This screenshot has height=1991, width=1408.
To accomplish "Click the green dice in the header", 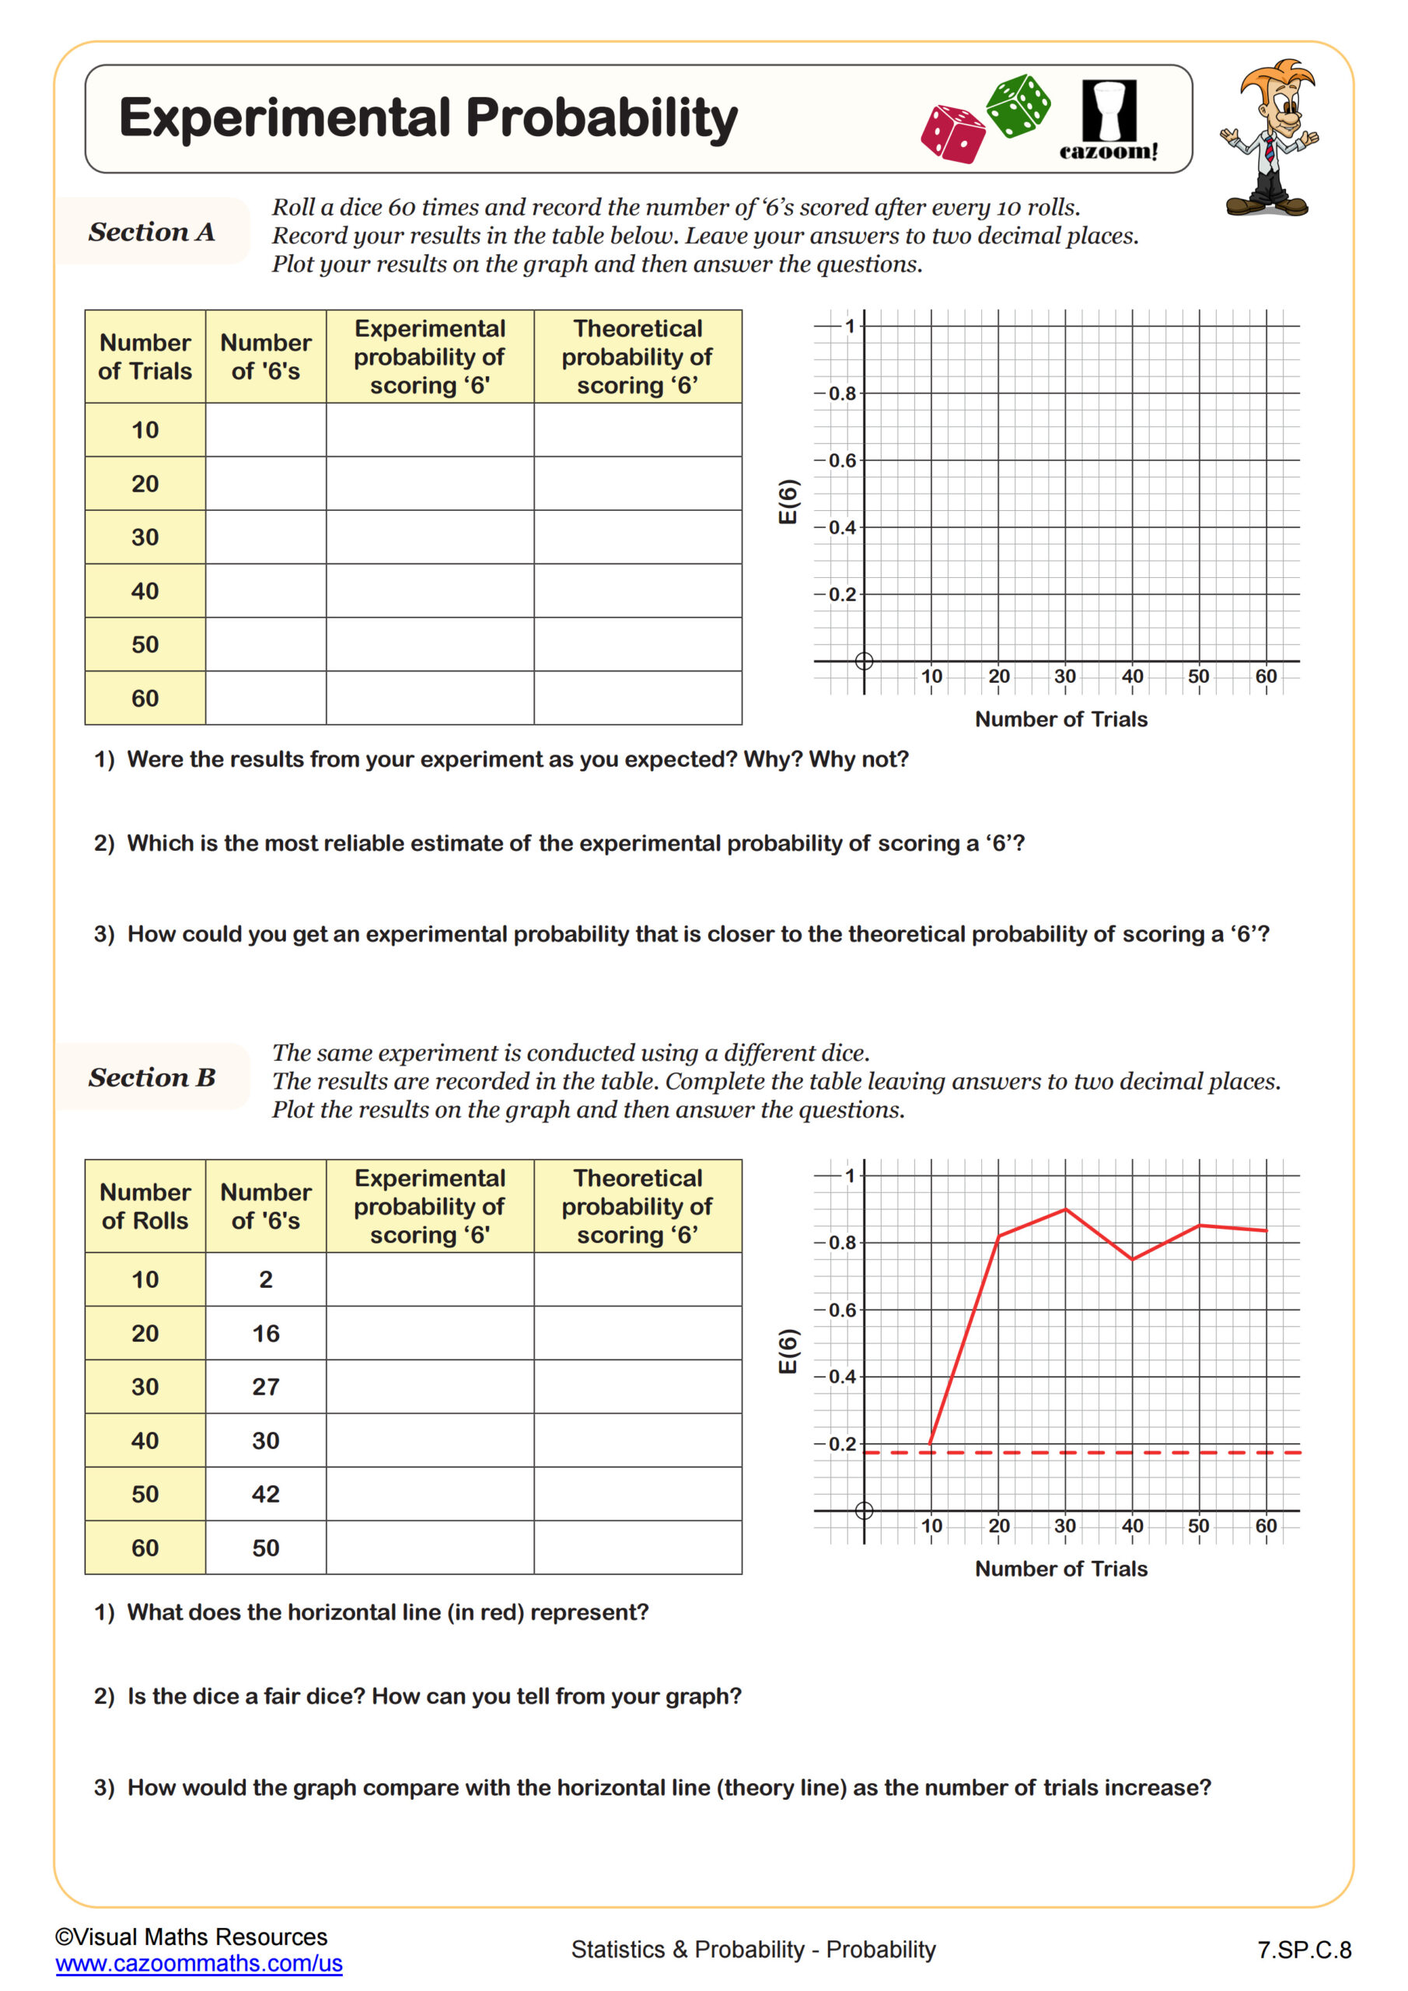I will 1018,106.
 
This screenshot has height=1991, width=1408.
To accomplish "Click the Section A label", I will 152,232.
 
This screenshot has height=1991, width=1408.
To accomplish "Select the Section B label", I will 152,1077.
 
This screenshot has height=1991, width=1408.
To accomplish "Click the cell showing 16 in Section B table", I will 265,1334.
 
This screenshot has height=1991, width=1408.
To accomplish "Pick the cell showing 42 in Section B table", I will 265,1494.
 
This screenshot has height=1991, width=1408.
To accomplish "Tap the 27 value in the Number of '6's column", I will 265,1387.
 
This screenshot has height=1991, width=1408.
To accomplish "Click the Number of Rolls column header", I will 145,1206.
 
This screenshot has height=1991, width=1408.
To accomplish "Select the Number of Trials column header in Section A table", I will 145,356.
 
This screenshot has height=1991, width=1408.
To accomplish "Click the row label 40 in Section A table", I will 145,591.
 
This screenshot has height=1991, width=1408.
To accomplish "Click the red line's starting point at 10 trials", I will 931,1442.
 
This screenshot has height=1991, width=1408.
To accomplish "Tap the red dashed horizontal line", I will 1127,1453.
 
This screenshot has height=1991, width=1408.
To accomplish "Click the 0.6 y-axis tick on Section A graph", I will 841,460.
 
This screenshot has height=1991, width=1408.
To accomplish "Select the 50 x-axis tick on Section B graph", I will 1198,1526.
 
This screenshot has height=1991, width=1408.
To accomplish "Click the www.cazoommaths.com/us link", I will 198,1963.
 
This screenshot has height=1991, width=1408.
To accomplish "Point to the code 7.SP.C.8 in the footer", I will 1304,1951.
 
